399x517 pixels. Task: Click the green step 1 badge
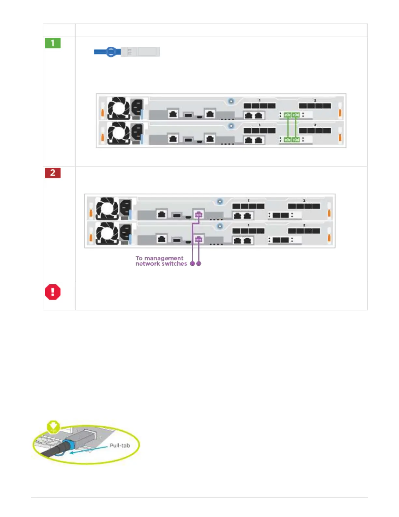[x=53, y=43]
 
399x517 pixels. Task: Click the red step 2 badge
[x=53, y=173]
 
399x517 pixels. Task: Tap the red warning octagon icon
[x=52, y=292]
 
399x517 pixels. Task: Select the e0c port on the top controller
[x=288, y=115]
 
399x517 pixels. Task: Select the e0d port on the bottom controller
[x=296, y=140]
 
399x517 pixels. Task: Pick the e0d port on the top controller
[x=296, y=115]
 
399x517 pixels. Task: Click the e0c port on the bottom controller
[x=288, y=140]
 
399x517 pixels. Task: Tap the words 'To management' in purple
[x=159, y=258]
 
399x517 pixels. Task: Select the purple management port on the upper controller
[x=199, y=214]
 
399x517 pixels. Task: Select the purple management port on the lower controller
[x=199, y=240]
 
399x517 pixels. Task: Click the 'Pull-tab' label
[x=120, y=446]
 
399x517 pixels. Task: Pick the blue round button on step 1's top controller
[x=231, y=101]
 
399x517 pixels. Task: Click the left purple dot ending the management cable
[x=192, y=263]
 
